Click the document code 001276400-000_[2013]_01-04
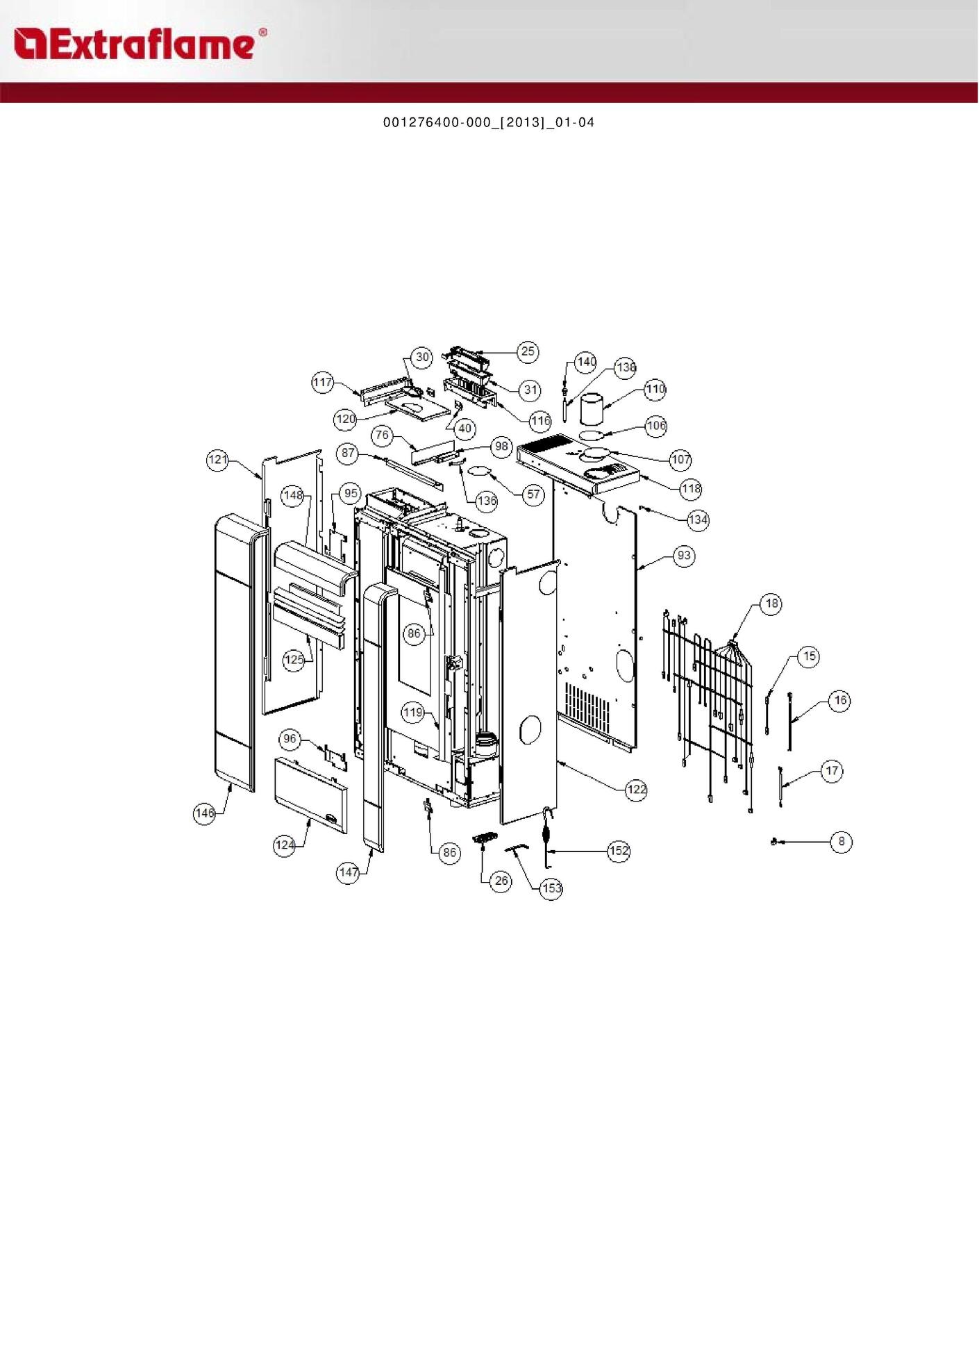(x=489, y=123)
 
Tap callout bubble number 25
(x=528, y=351)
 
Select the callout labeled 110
(x=655, y=389)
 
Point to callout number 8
(x=842, y=842)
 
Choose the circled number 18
(x=771, y=604)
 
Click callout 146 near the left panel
(x=205, y=814)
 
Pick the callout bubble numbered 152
(x=619, y=851)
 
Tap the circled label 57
(x=533, y=495)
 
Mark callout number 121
(x=218, y=460)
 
